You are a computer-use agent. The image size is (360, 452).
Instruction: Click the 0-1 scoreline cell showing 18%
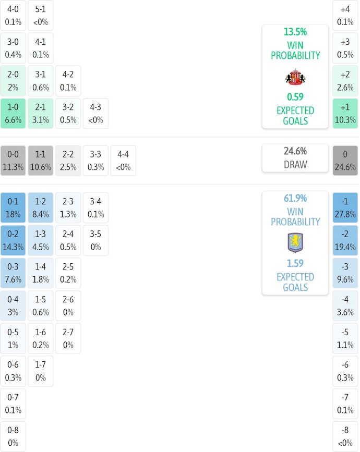point(13,207)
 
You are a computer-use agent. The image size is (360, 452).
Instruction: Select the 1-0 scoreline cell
point(13,114)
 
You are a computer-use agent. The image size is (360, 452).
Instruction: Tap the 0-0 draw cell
point(13,161)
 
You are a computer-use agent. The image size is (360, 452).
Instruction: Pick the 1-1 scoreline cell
point(41,161)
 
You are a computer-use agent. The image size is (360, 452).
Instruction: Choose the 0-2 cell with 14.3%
point(13,240)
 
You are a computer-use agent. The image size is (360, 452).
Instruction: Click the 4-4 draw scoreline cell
point(123,161)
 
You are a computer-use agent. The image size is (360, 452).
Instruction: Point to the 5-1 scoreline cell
point(41,15)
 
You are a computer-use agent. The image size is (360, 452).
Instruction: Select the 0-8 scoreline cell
point(13,436)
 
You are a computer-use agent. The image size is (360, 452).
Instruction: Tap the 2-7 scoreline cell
point(68,338)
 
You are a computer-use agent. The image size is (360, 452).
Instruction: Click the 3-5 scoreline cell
point(96,240)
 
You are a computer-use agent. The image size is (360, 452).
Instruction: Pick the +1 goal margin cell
point(345,114)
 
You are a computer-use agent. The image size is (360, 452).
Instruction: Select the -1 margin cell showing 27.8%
point(345,207)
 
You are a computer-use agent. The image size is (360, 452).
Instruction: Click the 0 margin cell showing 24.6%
point(345,161)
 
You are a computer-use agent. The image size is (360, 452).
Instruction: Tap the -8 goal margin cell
point(345,436)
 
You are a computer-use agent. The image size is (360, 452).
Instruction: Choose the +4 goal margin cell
point(345,15)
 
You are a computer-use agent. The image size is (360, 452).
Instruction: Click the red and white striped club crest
point(295,77)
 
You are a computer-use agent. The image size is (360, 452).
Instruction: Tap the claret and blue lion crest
point(295,242)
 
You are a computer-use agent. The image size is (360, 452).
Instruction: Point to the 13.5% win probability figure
point(295,32)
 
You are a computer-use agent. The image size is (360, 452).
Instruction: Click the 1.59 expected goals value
point(295,263)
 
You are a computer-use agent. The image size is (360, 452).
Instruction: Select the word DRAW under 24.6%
point(295,164)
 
